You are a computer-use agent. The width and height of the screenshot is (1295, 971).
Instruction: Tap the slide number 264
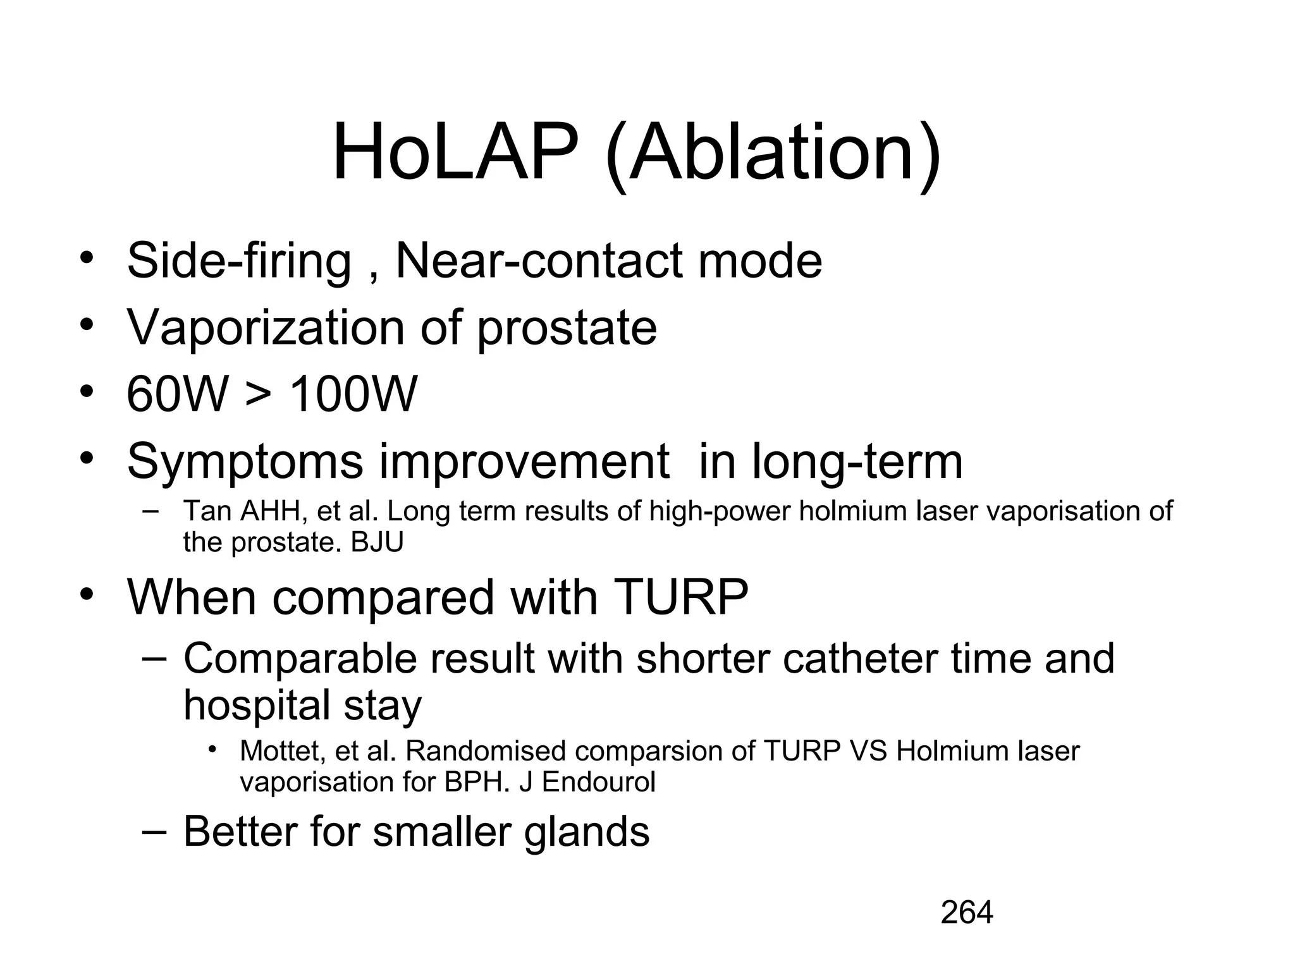[967, 913]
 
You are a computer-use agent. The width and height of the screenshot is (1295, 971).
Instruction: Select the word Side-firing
[239, 260]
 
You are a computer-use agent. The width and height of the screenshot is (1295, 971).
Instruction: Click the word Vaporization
[266, 327]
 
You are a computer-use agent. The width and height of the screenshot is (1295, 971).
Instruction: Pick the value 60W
[177, 394]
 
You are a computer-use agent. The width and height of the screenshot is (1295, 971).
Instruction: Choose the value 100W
[353, 394]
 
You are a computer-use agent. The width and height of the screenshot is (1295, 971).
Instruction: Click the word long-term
[857, 461]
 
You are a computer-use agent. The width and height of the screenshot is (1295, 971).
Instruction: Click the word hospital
[257, 706]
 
